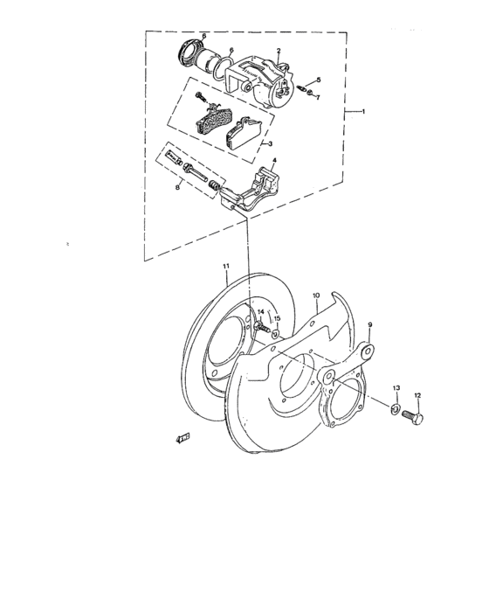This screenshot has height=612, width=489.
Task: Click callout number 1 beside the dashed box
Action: tap(363, 112)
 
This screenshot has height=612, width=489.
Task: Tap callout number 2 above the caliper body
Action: tap(279, 51)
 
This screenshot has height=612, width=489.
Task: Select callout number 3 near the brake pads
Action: tap(270, 143)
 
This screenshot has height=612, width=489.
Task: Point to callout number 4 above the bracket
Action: tap(274, 160)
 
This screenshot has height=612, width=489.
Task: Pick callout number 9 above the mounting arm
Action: tap(370, 324)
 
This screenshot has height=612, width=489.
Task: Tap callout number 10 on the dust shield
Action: tap(316, 296)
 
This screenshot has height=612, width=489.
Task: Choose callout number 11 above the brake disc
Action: tap(226, 266)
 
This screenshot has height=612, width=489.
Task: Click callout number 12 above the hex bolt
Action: tap(417, 396)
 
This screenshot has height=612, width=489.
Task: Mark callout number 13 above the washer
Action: tap(396, 388)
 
